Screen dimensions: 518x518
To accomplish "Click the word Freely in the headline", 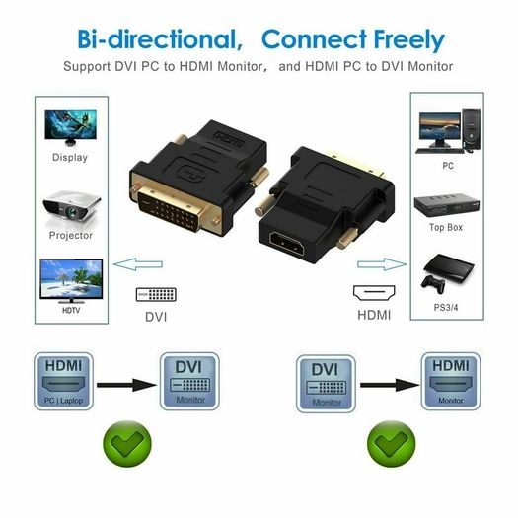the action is [x=409, y=40].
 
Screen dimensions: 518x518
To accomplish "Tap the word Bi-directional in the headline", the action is [x=160, y=39].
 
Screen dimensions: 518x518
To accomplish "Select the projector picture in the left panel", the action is [x=71, y=206].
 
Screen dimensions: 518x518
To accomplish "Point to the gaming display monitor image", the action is [x=70, y=127].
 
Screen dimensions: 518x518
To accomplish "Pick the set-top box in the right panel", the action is [x=447, y=205].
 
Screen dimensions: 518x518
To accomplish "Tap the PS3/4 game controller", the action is [x=433, y=284].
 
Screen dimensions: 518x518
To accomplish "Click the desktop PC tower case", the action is [x=471, y=130].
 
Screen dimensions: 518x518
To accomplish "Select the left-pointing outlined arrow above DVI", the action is [x=138, y=264].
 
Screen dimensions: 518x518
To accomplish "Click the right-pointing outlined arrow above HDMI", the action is [x=382, y=264].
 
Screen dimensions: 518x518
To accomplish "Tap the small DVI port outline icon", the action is [x=156, y=294].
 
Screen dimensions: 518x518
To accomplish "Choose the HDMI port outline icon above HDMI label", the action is [x=374, y=293].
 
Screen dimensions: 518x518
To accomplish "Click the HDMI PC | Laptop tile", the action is [x=63, y=381].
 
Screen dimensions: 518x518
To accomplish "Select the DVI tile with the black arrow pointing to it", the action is [x=189, y=381].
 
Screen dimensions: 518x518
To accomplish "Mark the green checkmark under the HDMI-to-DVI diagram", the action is [x=127, y=443].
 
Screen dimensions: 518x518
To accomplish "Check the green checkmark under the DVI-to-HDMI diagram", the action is [x=392, y=443].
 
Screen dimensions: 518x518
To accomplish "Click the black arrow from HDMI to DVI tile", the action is [x=126, y=385].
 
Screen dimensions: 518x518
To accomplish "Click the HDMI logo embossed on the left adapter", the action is [x=229, y=139].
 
